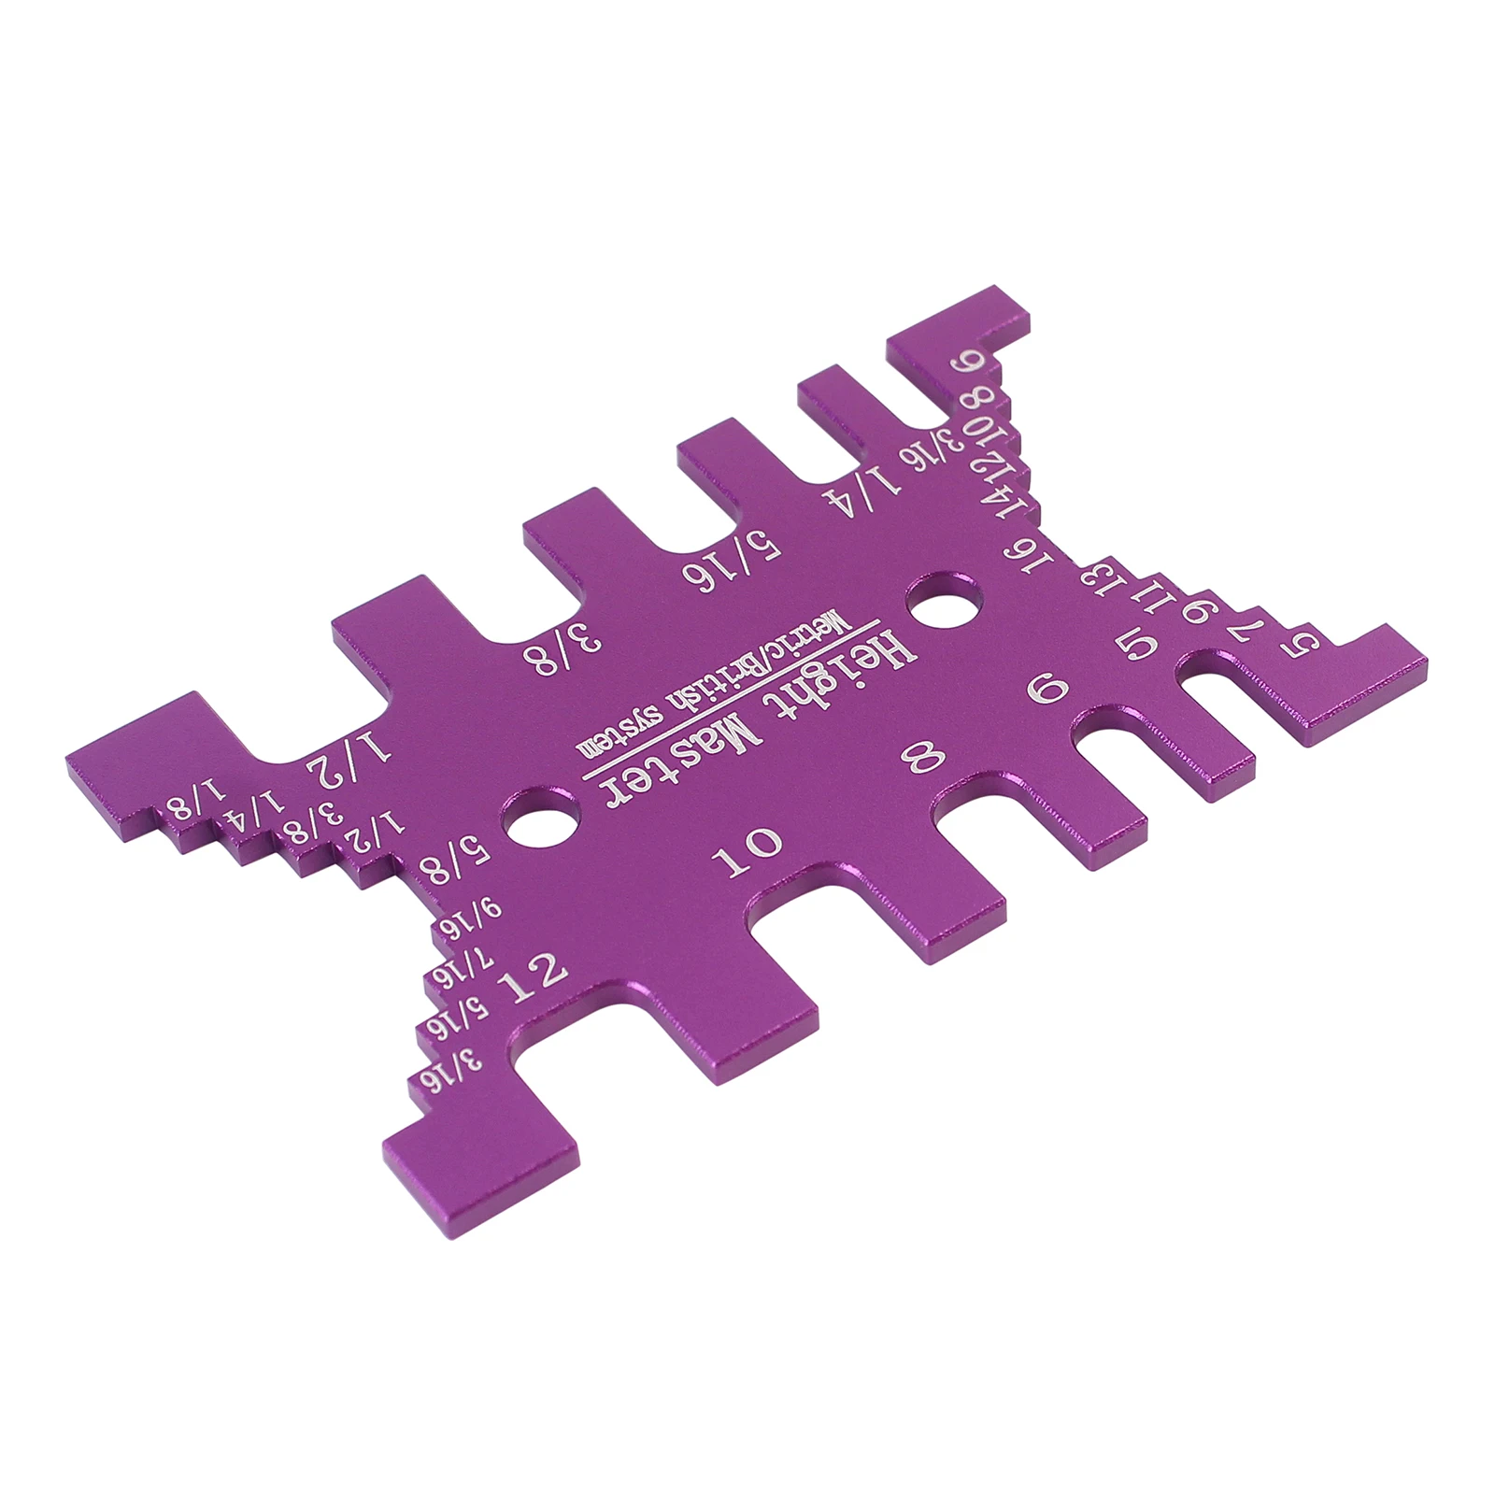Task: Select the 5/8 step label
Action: pos(451,859)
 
